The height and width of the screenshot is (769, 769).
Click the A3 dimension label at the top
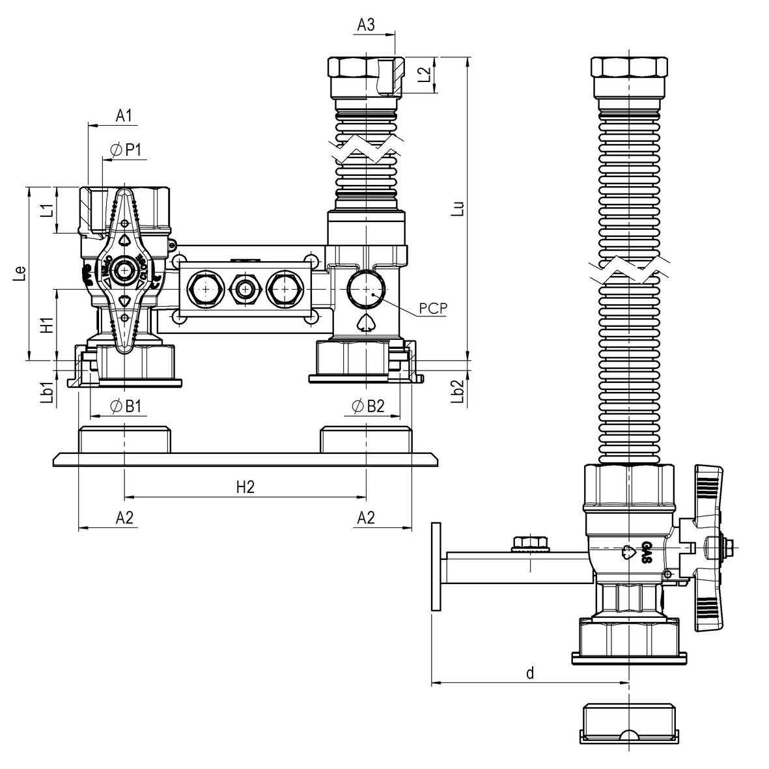(x=366, y=25)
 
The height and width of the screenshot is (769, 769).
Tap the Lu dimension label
(x=459, y=208)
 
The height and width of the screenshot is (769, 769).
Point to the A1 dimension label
(x=124, y=116)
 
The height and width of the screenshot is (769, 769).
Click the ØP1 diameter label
(x=126, y=150)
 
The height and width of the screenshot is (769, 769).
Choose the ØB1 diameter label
(x=126, y=406)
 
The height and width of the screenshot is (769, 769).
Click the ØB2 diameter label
(x=368, y=406)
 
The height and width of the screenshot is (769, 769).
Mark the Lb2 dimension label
(x=458, y=393)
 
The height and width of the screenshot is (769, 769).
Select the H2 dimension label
(x=245, y=487)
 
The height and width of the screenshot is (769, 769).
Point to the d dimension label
(x=530, y=673)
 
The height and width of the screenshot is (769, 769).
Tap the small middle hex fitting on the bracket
(x=245, y=289)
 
